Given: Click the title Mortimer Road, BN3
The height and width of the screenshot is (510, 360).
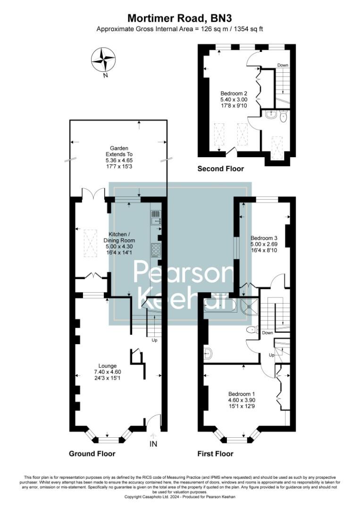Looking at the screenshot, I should pos(180,18).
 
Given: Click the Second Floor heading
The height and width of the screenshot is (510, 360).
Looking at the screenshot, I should pos(220,169).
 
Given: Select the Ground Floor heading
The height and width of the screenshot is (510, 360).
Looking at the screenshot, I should pos(92,453).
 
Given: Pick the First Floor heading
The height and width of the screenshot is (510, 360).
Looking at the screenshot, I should pos(215,453).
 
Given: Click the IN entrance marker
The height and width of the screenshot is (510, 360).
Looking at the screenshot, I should pos(153,444).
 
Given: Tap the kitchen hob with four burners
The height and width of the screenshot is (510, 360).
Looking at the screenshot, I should pos(156,248).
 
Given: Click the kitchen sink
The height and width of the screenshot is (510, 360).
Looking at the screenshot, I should pos(156,217).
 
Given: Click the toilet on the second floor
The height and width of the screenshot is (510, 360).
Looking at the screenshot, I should pos(284,117).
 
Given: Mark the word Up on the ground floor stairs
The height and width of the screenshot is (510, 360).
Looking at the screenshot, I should pos(154,340).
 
